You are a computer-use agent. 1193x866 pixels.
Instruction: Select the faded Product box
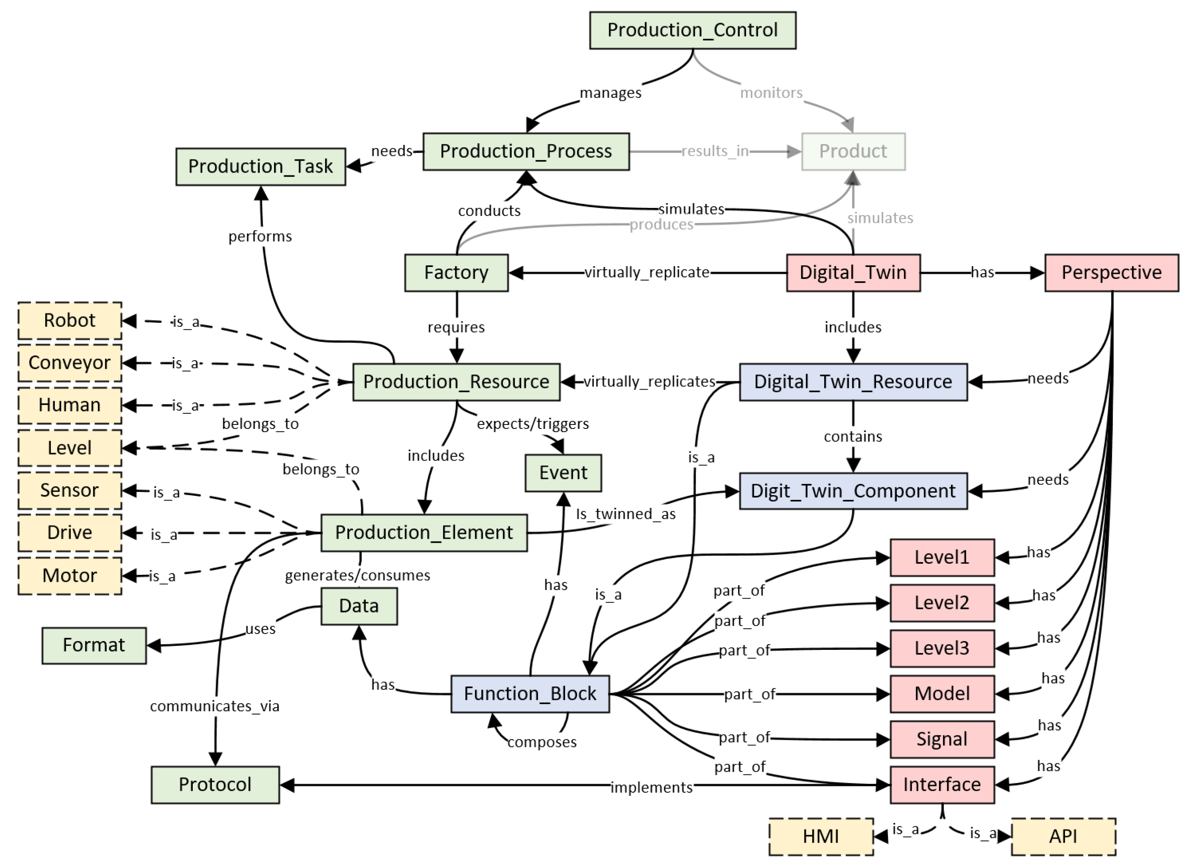coord(853,152)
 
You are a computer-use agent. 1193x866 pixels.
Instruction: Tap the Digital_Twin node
coord(853,273)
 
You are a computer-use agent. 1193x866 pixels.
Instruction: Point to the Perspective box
coord(1111,273)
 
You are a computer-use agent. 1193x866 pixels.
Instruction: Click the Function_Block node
coord(530,694)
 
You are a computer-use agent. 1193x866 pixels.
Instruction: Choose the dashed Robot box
coord(69,321)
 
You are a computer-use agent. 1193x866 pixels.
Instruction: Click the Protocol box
coord(215,784)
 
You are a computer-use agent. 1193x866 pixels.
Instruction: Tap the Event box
coord(563,472)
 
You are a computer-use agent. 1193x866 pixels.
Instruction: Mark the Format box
coord(94,645)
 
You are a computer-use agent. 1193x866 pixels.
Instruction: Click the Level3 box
coord(942,648)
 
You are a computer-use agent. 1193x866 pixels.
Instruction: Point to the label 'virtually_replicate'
coord(646,273)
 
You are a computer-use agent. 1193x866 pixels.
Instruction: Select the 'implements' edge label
coord(651,787)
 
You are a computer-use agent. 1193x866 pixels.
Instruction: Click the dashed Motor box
coord(69,576)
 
